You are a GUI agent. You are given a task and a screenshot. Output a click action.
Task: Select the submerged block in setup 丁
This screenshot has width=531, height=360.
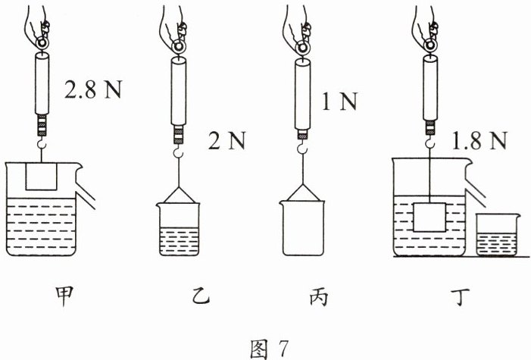430,217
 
